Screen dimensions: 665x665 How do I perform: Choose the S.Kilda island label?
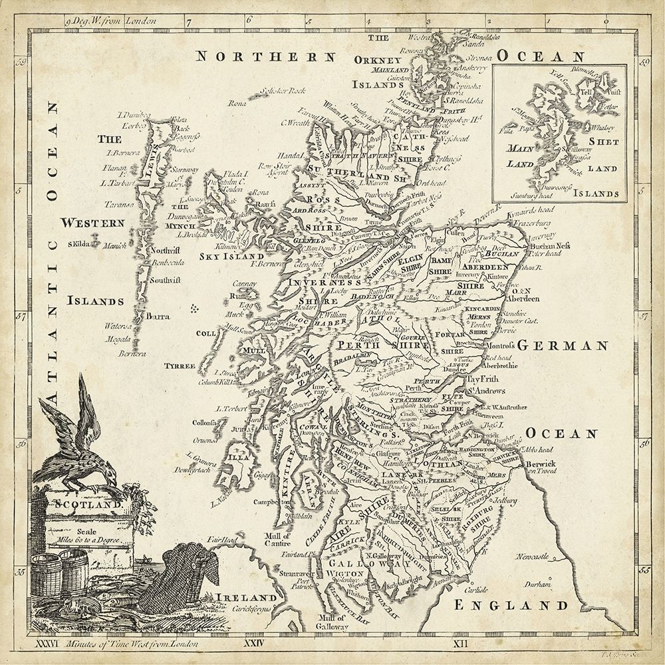[82, 244]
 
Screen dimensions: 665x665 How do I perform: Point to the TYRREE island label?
[180, 366]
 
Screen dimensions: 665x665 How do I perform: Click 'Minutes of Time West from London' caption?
[132, 643]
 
